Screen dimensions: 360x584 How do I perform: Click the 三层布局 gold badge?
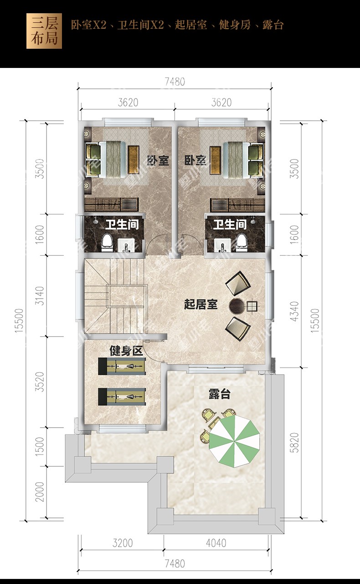point(44,31)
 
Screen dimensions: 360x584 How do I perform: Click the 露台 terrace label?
point(220,394)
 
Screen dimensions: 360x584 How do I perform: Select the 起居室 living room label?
point(201,304)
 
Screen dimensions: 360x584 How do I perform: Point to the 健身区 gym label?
point(126,351)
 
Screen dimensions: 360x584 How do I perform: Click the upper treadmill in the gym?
point(122,367)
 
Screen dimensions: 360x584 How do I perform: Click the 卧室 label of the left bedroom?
point(158,160)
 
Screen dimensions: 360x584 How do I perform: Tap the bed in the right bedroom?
point(236,160)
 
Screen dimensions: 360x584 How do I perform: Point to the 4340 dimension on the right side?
point(294,311)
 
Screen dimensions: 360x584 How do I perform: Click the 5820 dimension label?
point(294,442)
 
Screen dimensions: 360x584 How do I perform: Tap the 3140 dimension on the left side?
point(40,296)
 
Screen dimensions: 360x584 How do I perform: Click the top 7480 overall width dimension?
point(175,82)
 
